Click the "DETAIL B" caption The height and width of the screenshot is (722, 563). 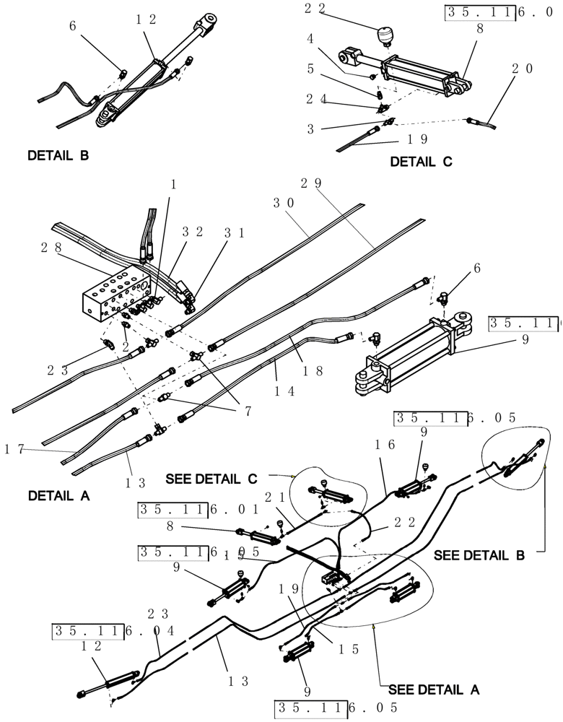click(x=58, y=155)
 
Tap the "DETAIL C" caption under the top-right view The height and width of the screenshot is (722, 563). click(x=422, y=162)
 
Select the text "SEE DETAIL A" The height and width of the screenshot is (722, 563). click(x=434, y=689)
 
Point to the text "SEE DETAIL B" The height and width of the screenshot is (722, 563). click(x=479, y=556)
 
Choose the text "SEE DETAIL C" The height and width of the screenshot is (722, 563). click(x=211, y=479)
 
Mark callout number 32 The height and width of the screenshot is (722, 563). click(x=191, y=232)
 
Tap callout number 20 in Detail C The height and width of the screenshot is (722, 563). click(x=523, y=69)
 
